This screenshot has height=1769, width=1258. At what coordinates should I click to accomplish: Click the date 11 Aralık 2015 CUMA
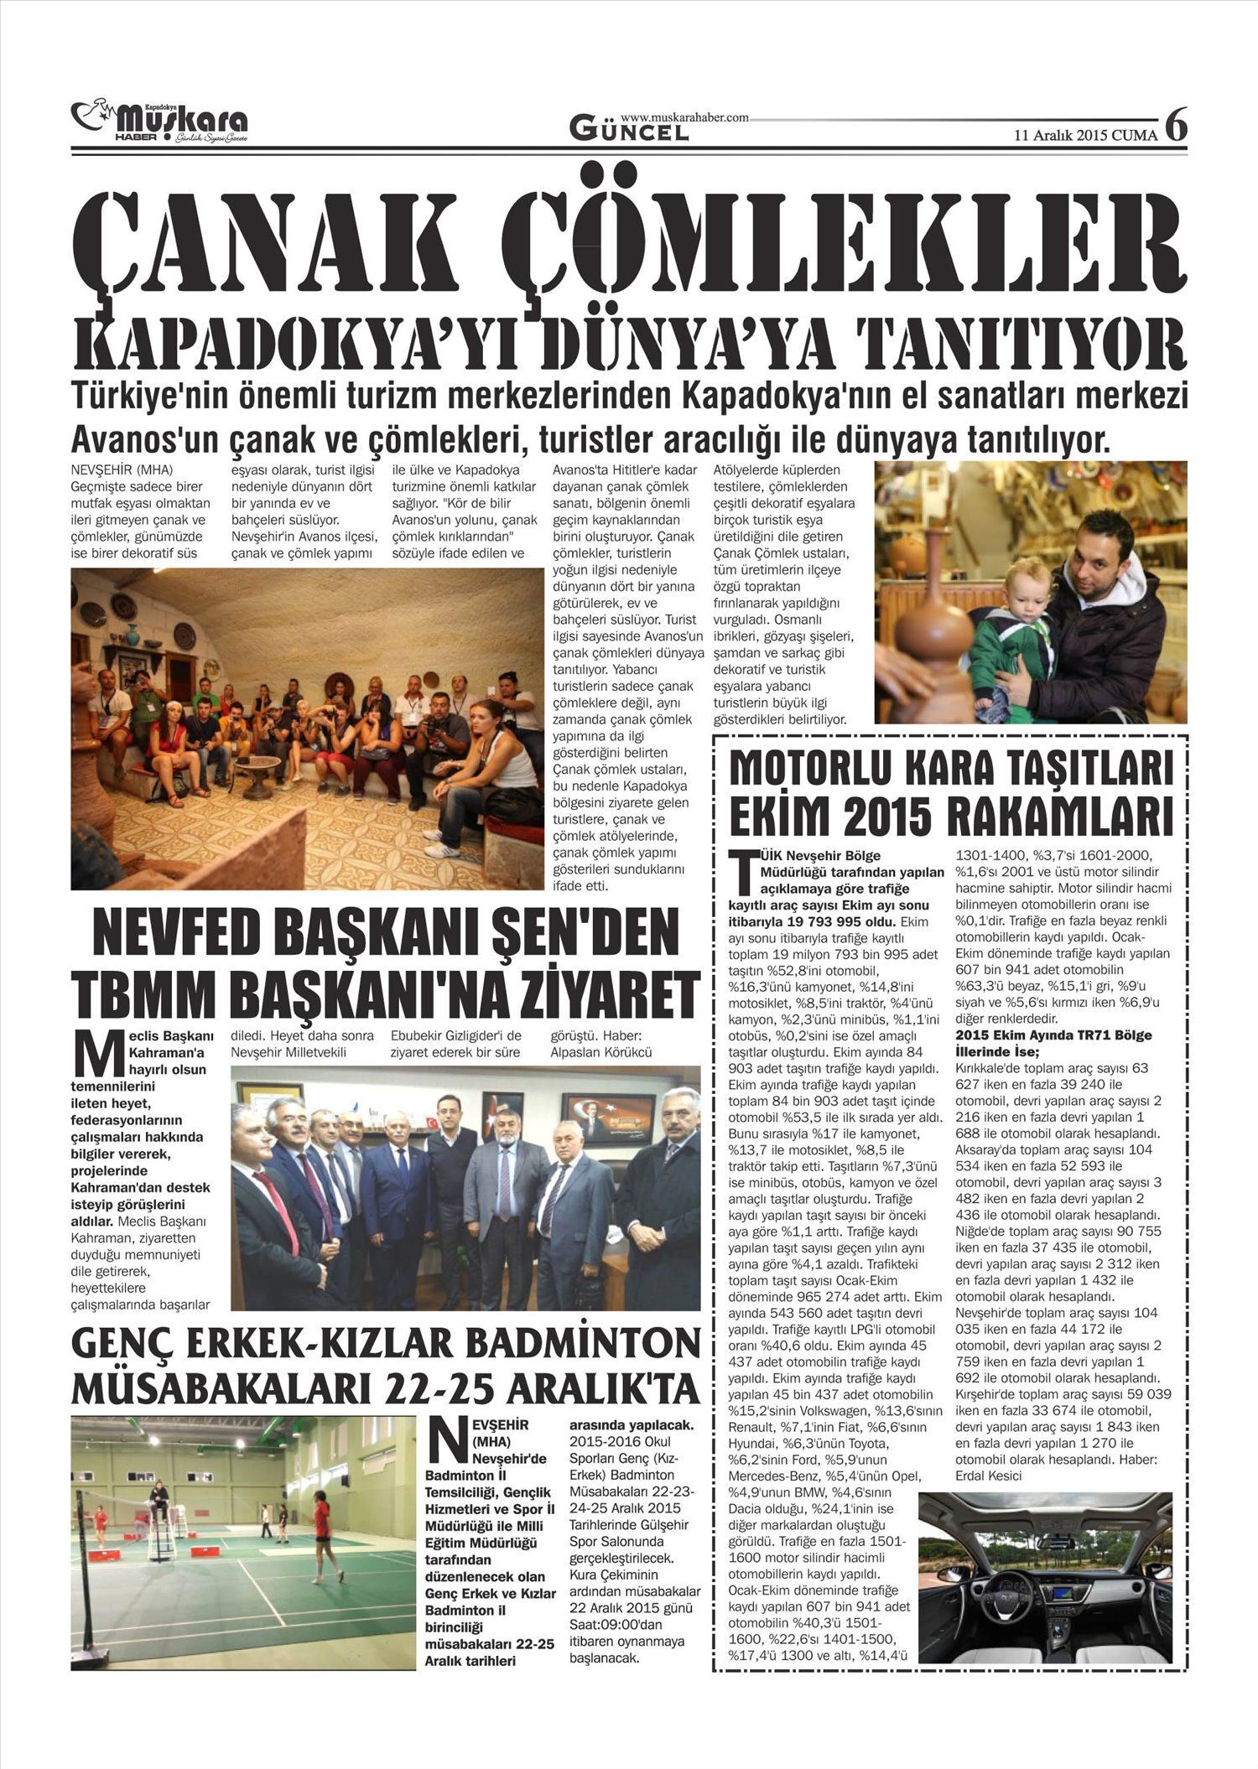click(1085, 135)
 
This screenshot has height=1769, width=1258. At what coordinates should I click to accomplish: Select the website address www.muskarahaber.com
click(684, 118)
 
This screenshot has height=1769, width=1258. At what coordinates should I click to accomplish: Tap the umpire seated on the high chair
click(157, 1493)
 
